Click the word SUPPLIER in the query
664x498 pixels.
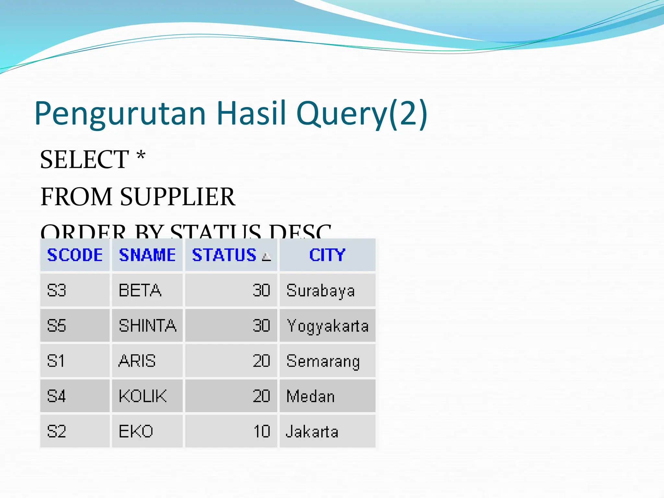click(x=177, y=197)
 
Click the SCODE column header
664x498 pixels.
click(x=75, y=255)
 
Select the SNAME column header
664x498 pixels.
click(x=147, y=255)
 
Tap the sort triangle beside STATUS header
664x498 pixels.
click(x=267, y=257)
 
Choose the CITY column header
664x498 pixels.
click(x=327, y=255)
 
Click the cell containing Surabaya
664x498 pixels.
click(x=327, y=290)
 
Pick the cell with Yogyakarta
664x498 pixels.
click(x=327, y=326)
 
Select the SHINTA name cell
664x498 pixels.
click(x=147, y=326)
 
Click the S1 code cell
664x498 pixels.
click(x=75, y=361)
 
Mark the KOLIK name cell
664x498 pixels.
click(x=147, y=396)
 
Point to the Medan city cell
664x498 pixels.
click(x=327, y=396)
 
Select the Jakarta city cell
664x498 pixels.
click(x=327, y=432)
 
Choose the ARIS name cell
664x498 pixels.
click(x=147, y=361)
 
